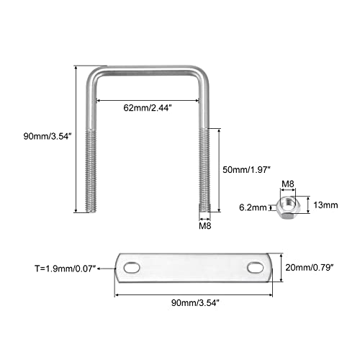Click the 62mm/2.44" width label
pos(148,108)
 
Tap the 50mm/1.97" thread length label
pos(246,170)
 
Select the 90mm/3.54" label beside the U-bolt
pos(48,136)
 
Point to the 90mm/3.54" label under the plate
pos(195,303)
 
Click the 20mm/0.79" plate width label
pos(310,267)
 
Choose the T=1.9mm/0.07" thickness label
pos(66,269)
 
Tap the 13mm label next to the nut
pos(325,205)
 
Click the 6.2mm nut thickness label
pos(253,207)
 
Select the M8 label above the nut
pos(288,184)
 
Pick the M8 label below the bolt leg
pos(205,226)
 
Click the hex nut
pos(287,208)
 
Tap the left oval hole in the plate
pos(132,268)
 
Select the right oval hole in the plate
pos(256,268)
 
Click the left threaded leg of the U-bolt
pos(91,171)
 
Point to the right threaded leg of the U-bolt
pos(204,170)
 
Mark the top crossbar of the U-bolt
pos(148,71)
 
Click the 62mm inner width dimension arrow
pos(148,100)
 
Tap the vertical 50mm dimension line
pos(219,170)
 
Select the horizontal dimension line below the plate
pos(194,294)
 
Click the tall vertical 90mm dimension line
pos(76,139)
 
